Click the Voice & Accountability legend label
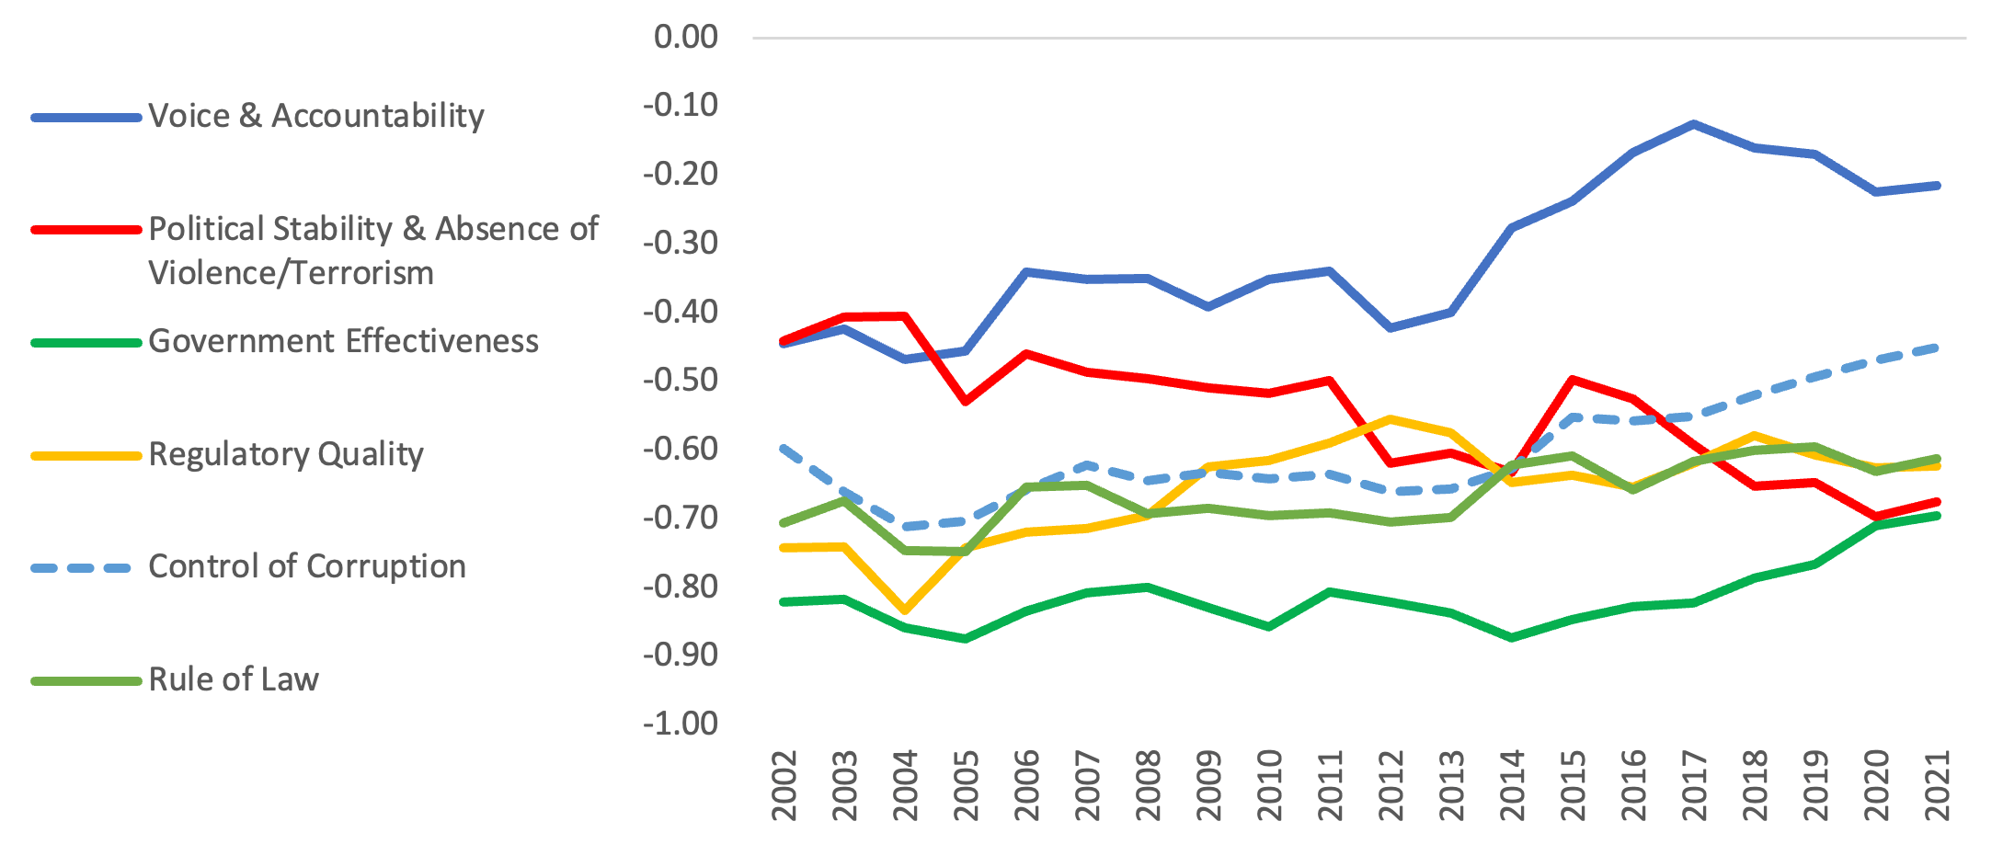(315, 116)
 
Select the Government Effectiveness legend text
(343, 341)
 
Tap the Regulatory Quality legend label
(286, 454)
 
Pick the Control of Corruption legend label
(307, 566)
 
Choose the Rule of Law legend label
(234, 679)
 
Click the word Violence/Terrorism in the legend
(291, 273)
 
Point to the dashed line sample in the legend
(85, 568)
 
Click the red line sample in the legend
(85, 229)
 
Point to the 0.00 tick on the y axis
(685, 37)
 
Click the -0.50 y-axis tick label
(681, 380)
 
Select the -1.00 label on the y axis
(681, 724)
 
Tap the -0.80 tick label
(681, 586)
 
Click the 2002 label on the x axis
(784, 785)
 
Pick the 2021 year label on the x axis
(1937, 785)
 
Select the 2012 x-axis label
(1391, 785)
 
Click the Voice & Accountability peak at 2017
(1693, 123)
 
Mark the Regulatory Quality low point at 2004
(905, 610)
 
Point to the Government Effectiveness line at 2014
(1512, 637)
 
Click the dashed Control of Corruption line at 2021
(1937, 348)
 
